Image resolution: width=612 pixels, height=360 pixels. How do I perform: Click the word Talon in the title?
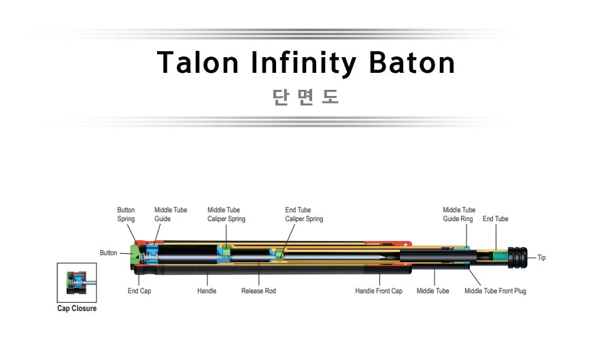(198, 63)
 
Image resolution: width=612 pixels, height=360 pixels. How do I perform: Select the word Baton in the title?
(412, 63)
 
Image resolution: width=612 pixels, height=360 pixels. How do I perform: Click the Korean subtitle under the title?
(305, 97)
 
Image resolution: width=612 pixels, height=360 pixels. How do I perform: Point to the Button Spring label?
(126, 214)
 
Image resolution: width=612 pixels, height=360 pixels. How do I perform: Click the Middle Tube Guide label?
(171, 214)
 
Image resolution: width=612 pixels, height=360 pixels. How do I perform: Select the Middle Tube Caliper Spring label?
(226, 214)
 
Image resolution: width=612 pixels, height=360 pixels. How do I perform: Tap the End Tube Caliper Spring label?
(304, 214)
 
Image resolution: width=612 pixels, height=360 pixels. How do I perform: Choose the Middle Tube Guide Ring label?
(459, 214)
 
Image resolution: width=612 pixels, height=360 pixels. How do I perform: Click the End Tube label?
(495, 218)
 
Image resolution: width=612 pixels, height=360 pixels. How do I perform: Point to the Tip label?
(541, 258)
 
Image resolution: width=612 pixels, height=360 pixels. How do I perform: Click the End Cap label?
(139, 291)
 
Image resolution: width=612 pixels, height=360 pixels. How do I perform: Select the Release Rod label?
(258, 291)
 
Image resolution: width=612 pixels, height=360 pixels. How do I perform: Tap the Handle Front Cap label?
(379, 291)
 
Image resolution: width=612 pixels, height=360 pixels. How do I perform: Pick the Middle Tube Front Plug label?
(495, 291)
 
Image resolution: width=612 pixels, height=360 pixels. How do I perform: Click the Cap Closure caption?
(77, 308)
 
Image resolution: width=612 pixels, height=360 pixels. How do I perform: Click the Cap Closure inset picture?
(77, 282)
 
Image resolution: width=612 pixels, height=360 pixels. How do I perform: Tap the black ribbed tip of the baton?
(517, 257)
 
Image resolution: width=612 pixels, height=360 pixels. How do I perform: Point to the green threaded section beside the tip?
(500, 257)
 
